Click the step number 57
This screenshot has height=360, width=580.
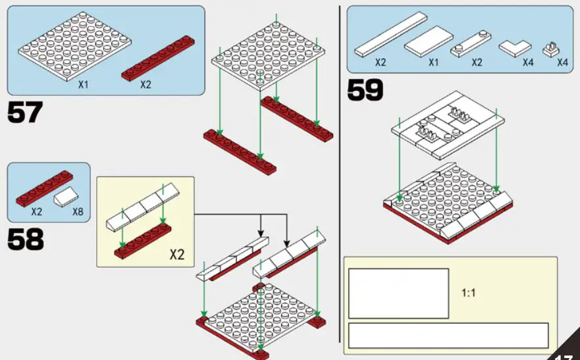(x=25, y=113)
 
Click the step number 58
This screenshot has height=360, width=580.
(x=25, y=240)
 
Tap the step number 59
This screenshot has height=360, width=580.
(x=365, y=91)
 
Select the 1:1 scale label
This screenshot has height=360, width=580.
(x=468, y=293)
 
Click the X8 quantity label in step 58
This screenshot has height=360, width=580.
(x=77, y=213)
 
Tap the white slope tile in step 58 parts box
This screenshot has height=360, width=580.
(x=68, y=195)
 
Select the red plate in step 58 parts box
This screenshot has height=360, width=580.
(x=43, y=186)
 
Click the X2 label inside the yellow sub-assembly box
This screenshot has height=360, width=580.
(x=176, y=254)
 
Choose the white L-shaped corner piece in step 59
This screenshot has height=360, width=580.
(x=515, y=48)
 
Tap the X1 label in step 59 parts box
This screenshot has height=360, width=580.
(x=433, y=63)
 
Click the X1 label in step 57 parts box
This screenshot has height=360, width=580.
(x=84, y=85)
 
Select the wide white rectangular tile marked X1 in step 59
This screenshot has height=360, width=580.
(x=429, y=42)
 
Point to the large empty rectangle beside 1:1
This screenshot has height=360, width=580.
(x=398, y=293)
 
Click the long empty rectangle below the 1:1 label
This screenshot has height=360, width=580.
(x=448, y=335)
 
